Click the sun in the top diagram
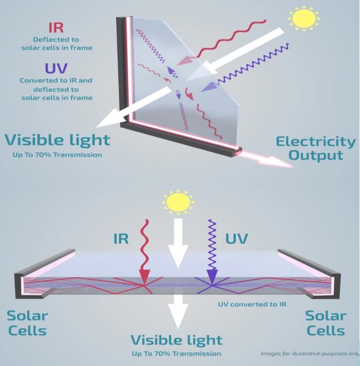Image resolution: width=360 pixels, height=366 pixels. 304,18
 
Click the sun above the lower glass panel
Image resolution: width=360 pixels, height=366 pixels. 178,202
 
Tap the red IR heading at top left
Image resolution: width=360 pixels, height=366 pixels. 56,28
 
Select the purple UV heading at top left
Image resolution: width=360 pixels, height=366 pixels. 56,68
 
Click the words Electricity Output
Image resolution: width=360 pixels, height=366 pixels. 316,149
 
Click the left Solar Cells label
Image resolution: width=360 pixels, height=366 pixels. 27,323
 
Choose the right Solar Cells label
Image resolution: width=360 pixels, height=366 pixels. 326,323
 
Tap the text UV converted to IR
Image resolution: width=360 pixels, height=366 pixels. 252,304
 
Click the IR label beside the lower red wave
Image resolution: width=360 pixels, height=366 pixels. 121,238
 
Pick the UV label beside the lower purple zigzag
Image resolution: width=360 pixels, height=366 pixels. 236,238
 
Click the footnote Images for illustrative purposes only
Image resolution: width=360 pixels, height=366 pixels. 310,354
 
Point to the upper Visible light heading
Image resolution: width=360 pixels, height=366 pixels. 57,140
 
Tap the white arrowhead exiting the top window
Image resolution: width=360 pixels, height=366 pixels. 110,119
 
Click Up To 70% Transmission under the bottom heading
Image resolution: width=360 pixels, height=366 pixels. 176,354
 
